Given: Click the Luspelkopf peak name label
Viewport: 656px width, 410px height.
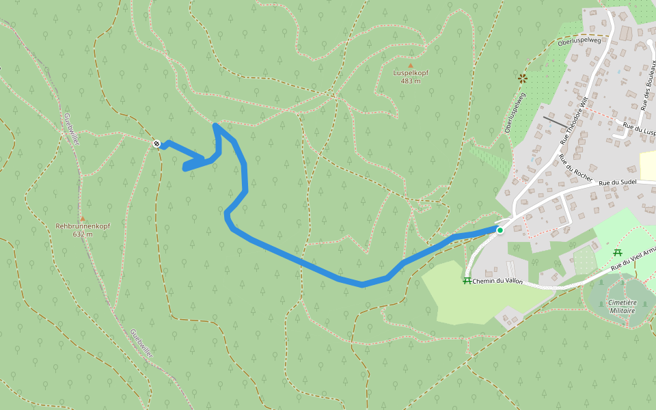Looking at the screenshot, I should (x=411, y=72).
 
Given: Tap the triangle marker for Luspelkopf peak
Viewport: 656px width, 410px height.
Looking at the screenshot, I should (x=411, y=65).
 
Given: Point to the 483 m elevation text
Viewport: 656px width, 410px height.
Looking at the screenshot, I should (x=411, y=81).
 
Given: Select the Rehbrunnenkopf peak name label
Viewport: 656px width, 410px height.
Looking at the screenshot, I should (x=83, y=225).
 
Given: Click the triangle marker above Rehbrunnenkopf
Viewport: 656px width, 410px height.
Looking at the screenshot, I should (x=82, y=218).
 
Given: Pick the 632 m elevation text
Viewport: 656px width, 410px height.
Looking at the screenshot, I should (x=83, y=234).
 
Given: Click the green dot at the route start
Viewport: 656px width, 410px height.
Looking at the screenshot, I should (x=500, y=230).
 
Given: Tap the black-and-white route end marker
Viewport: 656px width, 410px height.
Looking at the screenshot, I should (x=157, y=143).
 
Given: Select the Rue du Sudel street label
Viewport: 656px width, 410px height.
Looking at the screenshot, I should (x=618, y=182).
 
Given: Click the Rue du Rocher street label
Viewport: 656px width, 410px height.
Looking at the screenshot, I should (x=573, y=171).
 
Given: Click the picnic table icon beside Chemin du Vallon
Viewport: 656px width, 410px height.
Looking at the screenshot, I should (x=467, y=280).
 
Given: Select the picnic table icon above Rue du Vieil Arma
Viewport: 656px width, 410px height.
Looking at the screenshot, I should (x=618, y=253).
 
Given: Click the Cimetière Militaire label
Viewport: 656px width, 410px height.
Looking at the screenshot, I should (x=621, y=306).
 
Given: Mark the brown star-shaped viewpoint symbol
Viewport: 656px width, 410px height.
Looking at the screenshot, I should (x=523, y=78).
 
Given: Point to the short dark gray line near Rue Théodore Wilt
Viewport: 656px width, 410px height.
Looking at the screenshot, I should (x=555, y=122).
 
